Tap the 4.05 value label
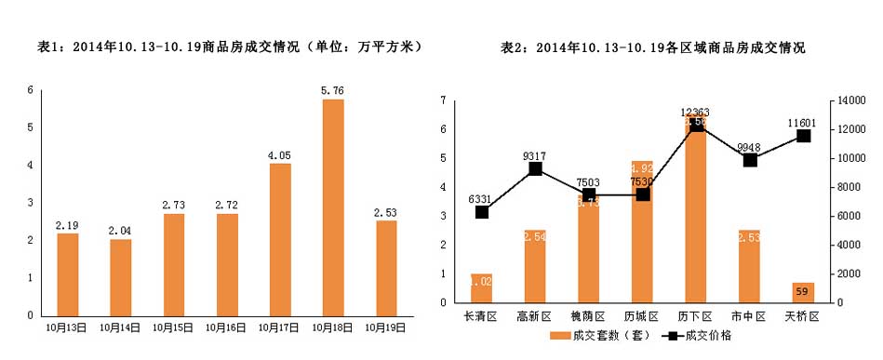tap(280, 155)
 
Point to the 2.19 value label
tap(67, 225)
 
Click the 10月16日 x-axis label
tap(227, 327)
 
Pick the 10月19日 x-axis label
tap(386, 327)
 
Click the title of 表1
tap(222, 46)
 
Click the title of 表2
tap(652, 46)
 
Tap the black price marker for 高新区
tap(535, 168)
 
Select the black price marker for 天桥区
tap(803, 136)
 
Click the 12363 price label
tap(695, 113)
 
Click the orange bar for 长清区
tap(481, 287)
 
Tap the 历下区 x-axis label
tap(695, 316)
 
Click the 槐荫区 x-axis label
tap(588, 316)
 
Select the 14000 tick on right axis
tap(852, 100)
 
